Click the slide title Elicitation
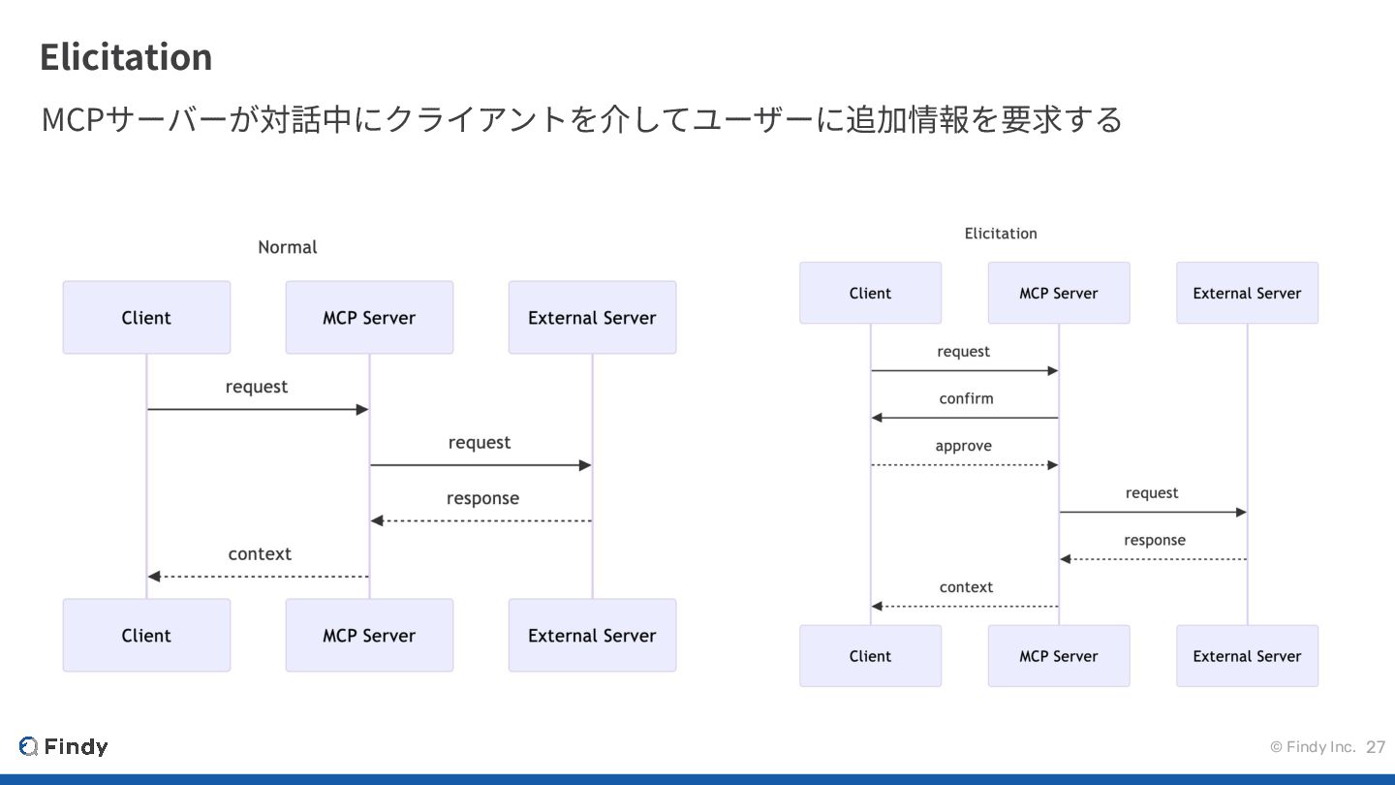(x=126, y=56)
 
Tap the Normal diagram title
(x=287, y=247)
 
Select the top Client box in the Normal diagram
(x=146, y=317)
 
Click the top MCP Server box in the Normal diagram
(x=369, y=317)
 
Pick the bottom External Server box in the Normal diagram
(x=592, y=635)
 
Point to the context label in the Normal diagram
(x=260, y=554)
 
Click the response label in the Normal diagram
(x=482, y=498)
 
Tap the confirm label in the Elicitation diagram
(x=966, y=398)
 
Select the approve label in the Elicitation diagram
(x=963, y=446)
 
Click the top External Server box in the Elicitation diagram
(x=1248, y=293)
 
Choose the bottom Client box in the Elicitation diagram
(x=871, y=656)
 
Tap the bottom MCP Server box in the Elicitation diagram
(x=1059, y=656)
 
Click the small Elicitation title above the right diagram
(x=1001, y=234)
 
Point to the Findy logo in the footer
(x=63, y=746)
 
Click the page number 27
(x=1376, y=747)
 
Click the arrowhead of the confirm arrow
(x=876, y=418)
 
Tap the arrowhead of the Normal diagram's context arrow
(x=154, y=577)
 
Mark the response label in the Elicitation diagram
(x=1155, y=541)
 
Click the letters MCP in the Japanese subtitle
(x=73, y=119)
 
